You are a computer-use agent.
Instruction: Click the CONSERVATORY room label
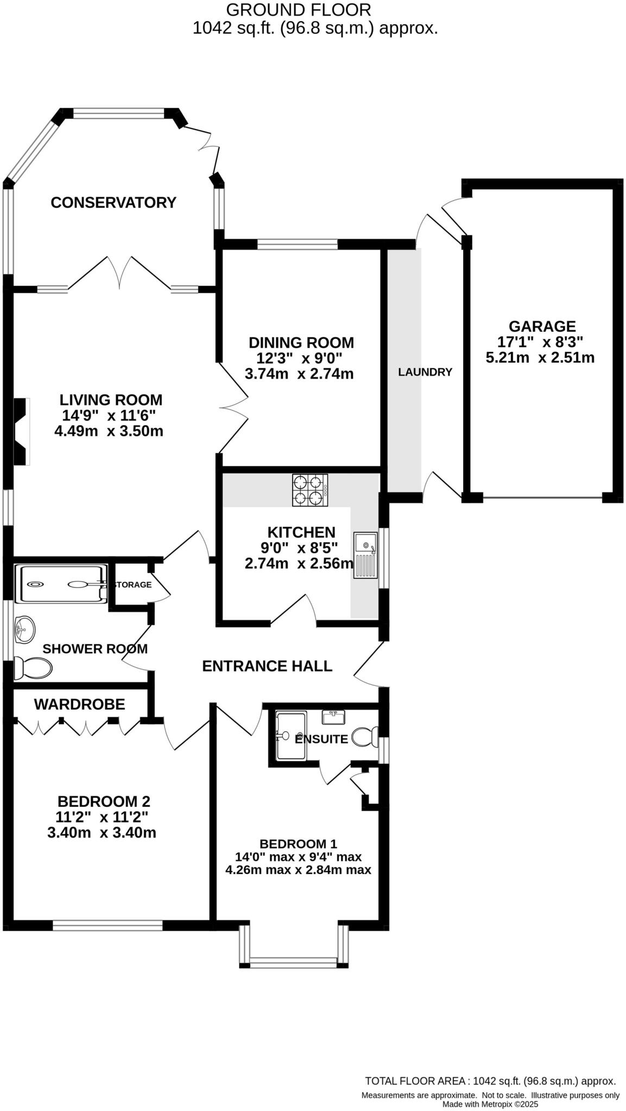(x=113, y=202)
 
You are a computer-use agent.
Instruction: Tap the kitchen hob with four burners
(x=309, y=490)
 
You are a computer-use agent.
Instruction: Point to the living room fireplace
(x=21, y=431)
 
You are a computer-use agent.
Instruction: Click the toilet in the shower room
(x=33, y=668)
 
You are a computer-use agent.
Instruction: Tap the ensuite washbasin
(x=333, y=717)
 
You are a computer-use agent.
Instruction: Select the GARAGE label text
(x=542, y=326)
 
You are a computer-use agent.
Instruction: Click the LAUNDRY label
(x=425, y=372)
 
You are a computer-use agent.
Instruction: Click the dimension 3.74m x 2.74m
(x=299, y=374)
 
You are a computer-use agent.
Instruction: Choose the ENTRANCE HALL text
(x=267, y=666)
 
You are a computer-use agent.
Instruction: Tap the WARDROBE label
(x=79, y=704)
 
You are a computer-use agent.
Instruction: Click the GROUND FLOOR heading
(x=298, y=10)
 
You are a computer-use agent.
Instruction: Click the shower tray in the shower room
(x=61, y=584)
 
